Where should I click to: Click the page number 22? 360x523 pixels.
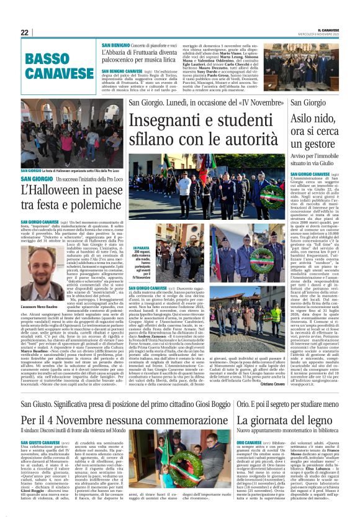[25, 32]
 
